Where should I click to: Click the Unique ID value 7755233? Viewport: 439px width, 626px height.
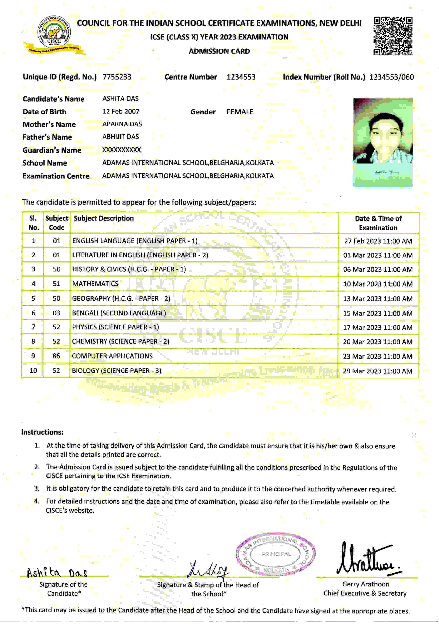pyautogui.click(x=117, y=77)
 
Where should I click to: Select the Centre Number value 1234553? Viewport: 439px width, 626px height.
pyautogui.click(x=241, y=77)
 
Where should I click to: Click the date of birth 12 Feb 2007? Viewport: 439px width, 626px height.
pyautogui.click(x=121, y=112)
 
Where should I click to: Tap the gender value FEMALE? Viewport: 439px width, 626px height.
pyautogui.click(x=240, y=112)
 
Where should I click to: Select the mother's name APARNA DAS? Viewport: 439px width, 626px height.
pyautogui.click(x=122, y=124)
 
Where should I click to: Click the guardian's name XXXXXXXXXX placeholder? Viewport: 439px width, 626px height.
pyautogui.click(x=122, y=150)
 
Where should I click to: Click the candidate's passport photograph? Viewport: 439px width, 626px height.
pyautogui.click(x=383, y=142)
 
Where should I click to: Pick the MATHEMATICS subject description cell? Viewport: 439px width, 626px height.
pyautogui.click(x=95, y=284)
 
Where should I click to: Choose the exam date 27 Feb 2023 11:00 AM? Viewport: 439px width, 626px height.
pyautogui.click(x=378, y=241)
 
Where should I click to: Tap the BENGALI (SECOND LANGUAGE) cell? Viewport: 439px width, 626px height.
pyautogui.click(x=119, y=313)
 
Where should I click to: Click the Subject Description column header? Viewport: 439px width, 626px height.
pyautogui.click(x=104, y=218)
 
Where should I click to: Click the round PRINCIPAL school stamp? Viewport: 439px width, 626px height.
pyautogui.click(x=275, y=554)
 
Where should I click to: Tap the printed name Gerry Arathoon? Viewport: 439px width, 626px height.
pyautogui.click(x=366, y=584)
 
